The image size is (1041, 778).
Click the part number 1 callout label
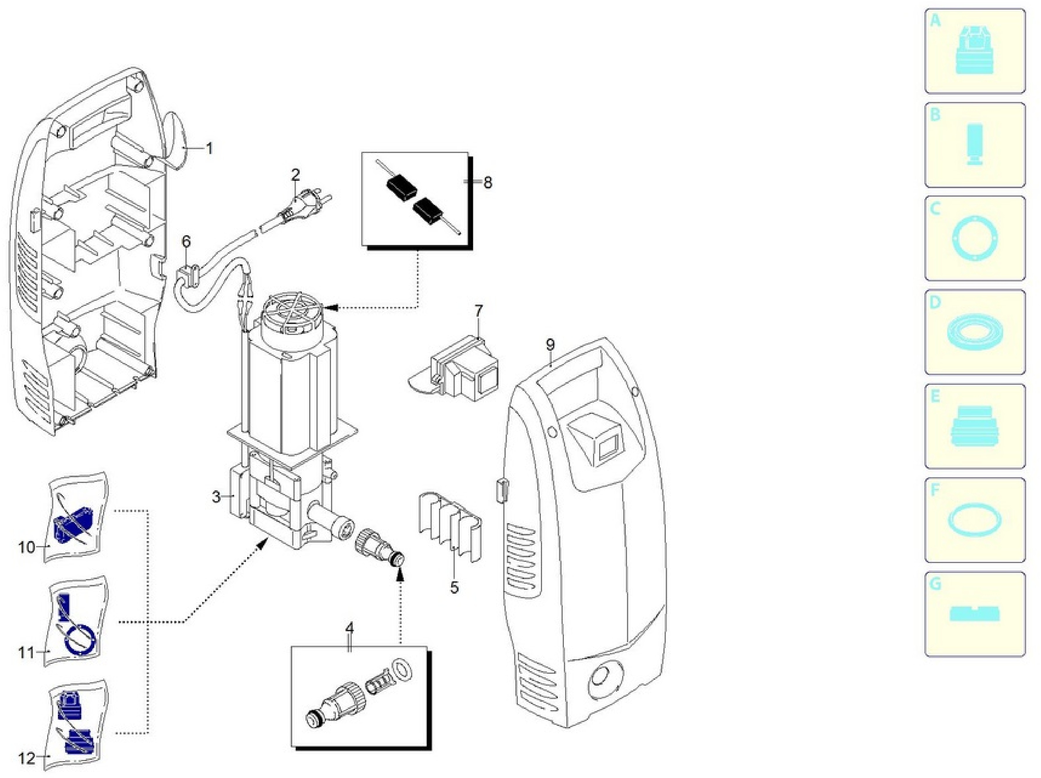(x=209, y=148)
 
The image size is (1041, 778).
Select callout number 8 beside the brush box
(x=488, y=182)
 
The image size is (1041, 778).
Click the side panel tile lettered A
(x=975, y=51)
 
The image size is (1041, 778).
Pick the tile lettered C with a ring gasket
(x=975, y=238)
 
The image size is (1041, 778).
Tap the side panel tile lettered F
(x=975, y=520)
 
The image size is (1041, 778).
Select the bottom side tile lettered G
(x=975, y=614)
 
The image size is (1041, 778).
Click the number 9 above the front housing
(x=550, y=345)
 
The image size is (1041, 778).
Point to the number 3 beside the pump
(x=216, y=496)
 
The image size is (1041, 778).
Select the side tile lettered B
(x=975, y=144)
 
